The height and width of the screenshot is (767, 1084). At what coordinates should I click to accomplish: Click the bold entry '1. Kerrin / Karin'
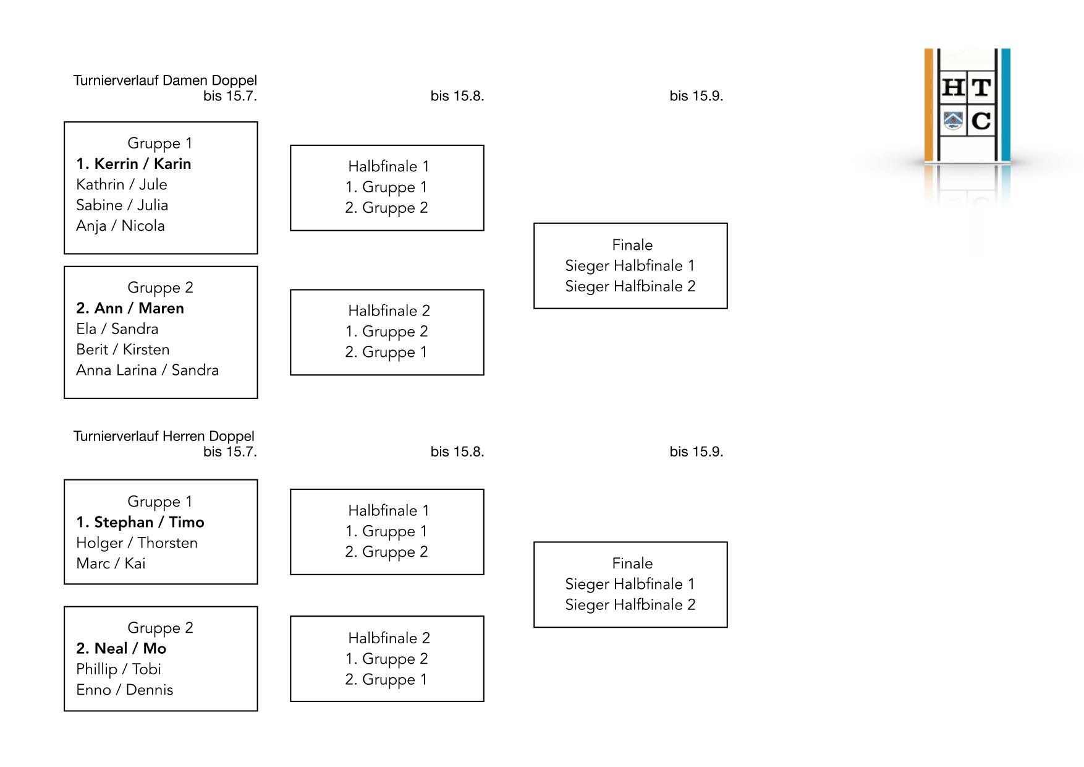[x=133, y=164]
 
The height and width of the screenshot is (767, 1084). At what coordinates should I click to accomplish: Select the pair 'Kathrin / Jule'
[x=122, y=184]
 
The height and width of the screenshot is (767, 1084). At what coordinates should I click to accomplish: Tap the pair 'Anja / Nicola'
[x=121, y=226]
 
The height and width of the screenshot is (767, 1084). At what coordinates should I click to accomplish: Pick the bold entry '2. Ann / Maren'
[x=130, y=308]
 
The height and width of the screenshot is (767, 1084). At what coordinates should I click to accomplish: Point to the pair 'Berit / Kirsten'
[x=122, y=349]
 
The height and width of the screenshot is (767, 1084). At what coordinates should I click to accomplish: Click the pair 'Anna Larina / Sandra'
[x=147, y=370]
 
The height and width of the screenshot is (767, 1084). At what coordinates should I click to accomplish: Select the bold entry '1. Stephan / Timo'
[x=140, y=522]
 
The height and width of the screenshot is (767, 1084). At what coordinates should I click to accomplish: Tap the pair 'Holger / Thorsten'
[x=137, y=542]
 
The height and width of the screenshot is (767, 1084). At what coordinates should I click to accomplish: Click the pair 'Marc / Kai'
[x=111, y=563]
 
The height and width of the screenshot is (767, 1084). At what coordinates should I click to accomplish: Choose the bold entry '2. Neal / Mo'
[x=121, y=648]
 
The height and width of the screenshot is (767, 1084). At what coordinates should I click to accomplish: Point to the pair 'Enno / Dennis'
[x=124, y=690]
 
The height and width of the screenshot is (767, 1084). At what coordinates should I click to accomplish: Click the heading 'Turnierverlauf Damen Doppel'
[x=165, y=80]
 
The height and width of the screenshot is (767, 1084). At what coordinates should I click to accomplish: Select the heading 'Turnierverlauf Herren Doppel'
[x=164, y=436]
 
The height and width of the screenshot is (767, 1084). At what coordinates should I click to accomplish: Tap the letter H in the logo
[x=954, y=88]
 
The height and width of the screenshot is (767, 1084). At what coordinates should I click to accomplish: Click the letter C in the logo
[x=981, y=121]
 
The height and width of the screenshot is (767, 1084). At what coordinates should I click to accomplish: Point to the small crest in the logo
[x=954, y=120]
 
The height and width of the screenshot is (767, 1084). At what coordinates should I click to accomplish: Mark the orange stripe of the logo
[x=928, y=105]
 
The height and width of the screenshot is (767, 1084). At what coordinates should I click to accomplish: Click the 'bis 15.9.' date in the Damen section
[x=696, y=96]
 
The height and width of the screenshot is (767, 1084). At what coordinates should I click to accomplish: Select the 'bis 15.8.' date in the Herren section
[x=457, y=452]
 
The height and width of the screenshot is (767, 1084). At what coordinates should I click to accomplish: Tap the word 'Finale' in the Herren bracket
[x=632, y=563]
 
